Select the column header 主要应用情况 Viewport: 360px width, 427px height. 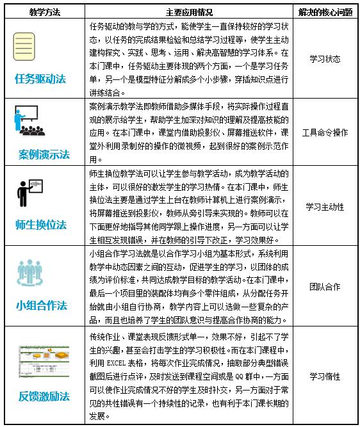tap(190, 11)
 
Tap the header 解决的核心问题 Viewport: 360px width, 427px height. tap(325, 11)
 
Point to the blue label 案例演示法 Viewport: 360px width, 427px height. tap(42, 154)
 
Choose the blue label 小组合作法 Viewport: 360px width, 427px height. tap(42, 305)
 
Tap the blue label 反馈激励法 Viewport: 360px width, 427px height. tap(42, 396)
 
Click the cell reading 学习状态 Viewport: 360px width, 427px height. tap(324, 59)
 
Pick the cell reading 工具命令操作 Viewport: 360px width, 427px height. tap(324, 132)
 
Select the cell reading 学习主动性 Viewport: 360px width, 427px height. tap(324, 207)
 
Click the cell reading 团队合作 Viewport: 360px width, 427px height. tap(324, 287)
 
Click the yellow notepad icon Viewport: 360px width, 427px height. tap(24, 47)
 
